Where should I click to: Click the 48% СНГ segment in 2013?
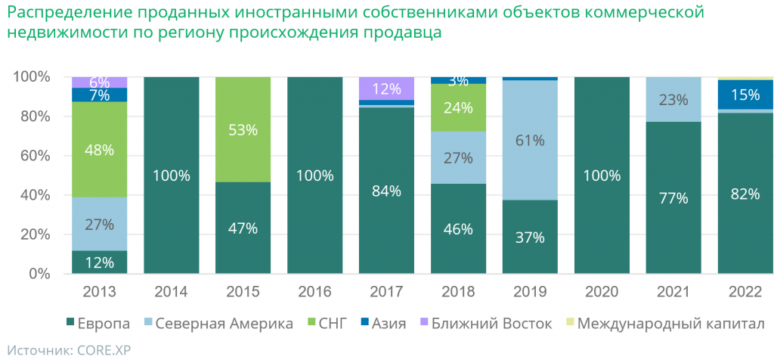99,150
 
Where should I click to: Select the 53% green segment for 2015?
243,129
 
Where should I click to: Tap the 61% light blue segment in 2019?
530,140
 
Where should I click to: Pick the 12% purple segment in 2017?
386,88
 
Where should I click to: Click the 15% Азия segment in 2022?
745,95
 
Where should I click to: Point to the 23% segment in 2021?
673,99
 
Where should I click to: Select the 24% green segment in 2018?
458,107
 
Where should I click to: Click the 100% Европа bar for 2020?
602,175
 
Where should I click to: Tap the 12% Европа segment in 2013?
99,262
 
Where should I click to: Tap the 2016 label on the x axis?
314,291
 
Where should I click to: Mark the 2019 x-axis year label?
530,291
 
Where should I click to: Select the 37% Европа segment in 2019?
530,237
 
